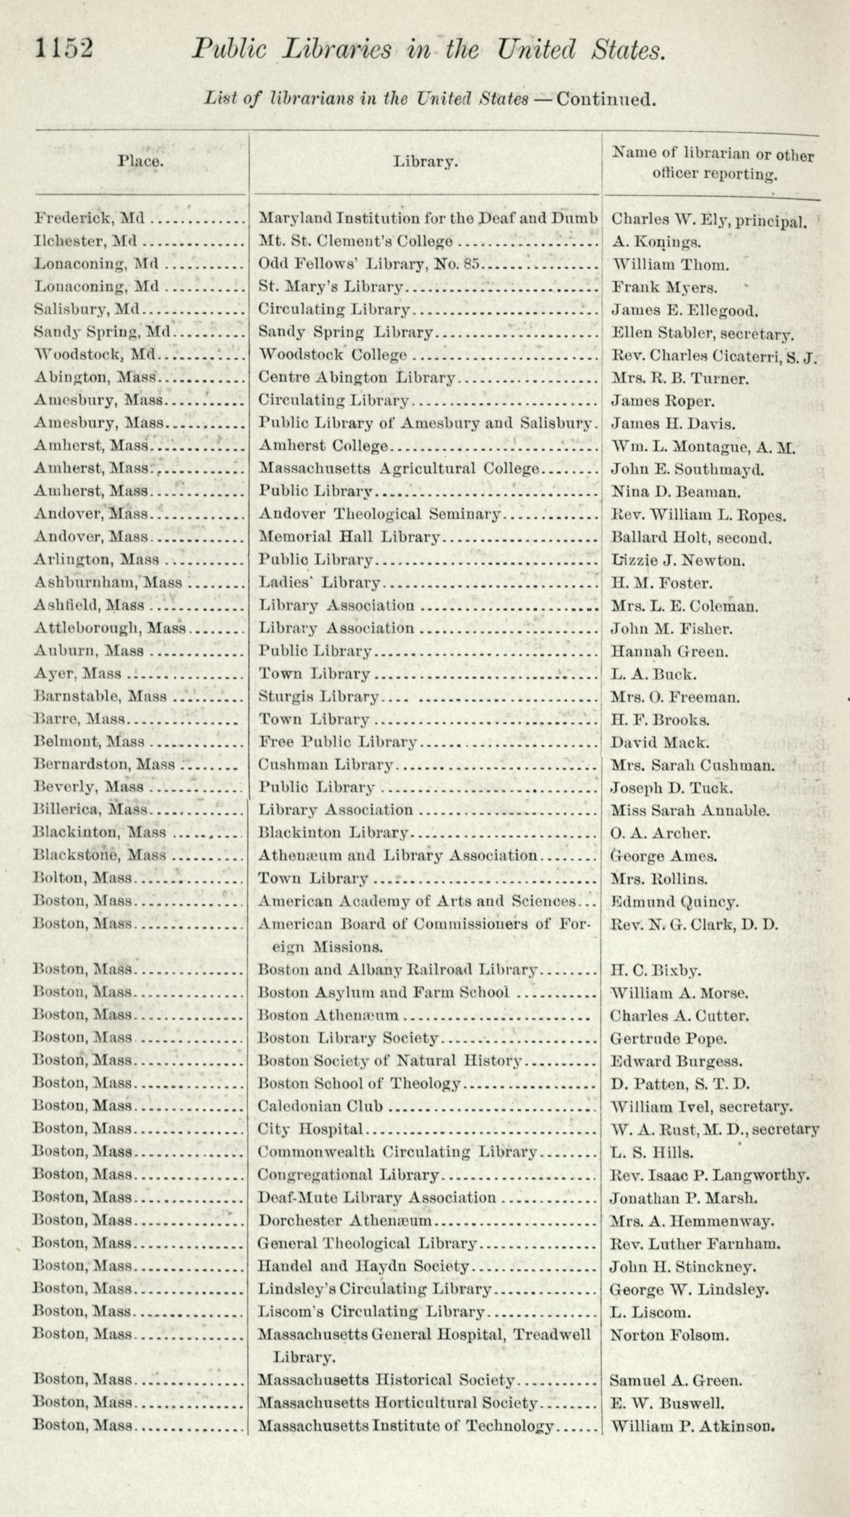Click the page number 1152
(64, 49)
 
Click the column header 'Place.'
(140, 161)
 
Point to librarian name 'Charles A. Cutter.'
(679, 1016)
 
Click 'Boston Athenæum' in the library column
(328, 1016)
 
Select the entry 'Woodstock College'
(333, 355)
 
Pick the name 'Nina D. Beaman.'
(676, 492)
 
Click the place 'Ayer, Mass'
(77, 674)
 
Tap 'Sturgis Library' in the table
(318, 697)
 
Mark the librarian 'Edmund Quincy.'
(675, 902)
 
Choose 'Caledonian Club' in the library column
(320, 1107)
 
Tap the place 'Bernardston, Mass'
(104, 765)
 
